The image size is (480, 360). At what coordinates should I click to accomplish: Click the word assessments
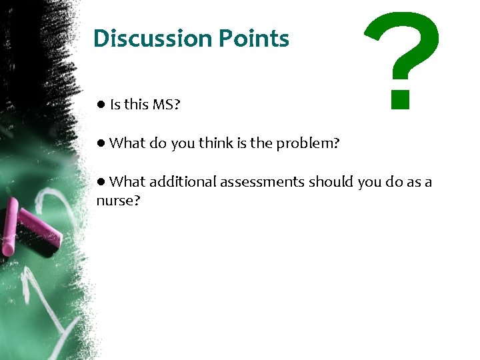(262, 181)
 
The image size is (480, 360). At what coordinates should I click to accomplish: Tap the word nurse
(117, 200)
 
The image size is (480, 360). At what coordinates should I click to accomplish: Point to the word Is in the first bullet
(115, 104)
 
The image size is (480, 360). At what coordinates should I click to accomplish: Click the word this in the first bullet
(137, 104)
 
